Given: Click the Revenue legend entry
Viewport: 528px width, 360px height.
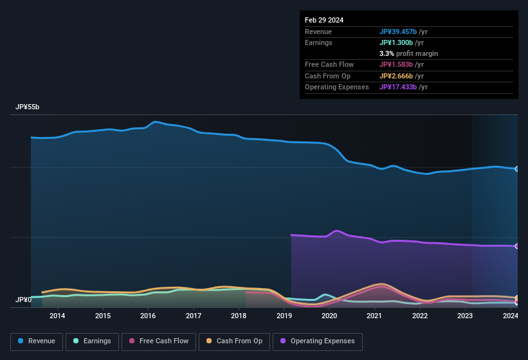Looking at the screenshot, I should click(x=37, y=341).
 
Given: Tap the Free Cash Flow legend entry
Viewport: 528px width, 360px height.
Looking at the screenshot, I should click(x=159, y=341).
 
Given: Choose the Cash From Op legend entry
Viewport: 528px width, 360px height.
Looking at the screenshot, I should click(x=233, y=341).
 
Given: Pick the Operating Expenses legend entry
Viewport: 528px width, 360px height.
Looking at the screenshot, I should click(x=317, y=341).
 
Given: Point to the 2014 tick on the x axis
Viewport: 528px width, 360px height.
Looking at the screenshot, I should click(x=57, y=316).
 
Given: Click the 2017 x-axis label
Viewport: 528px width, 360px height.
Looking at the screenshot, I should click(x=194, y=316).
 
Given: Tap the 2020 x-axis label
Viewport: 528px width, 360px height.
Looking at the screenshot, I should click(x=329, y=316).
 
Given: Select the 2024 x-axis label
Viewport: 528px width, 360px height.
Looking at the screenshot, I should click(x=511, y=316).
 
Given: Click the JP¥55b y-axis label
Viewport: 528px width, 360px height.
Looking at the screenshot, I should click(x=28, y=107).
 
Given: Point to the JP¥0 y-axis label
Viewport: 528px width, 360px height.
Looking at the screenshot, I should click(x=23, y=300).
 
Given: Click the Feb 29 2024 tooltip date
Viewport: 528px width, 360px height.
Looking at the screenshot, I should click(x=324, y=20).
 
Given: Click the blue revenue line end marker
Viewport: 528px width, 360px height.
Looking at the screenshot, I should click(x=517, y=169).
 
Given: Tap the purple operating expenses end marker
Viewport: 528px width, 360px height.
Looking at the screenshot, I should click(x=517, y=246).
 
